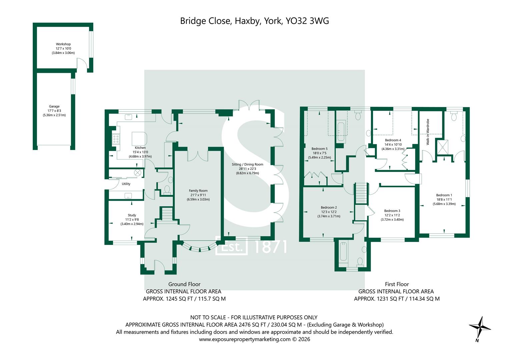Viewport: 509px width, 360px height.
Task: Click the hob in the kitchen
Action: tap(116, 139)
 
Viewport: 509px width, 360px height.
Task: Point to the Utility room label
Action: tap(126, 184)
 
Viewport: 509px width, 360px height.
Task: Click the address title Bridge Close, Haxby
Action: tap(254, 21)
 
